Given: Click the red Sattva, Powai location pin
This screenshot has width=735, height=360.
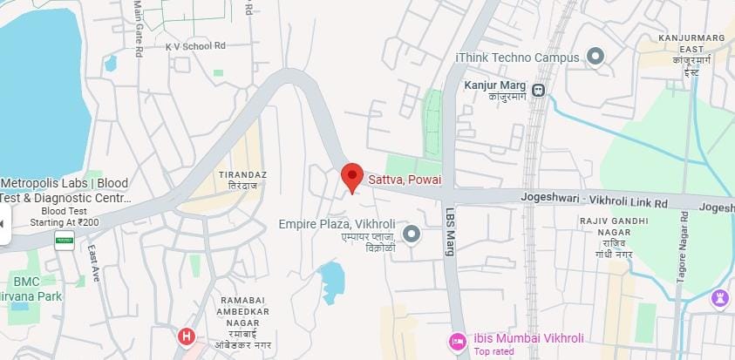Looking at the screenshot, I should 351,176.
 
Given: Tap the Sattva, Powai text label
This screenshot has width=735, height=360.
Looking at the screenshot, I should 403,180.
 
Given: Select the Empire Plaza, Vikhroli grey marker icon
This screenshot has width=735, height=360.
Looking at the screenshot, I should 412,233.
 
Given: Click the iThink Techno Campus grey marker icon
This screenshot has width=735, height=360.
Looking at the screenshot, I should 595,58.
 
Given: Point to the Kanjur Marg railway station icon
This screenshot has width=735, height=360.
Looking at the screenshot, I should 539,88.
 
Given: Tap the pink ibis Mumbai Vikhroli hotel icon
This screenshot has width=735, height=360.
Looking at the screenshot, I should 457,339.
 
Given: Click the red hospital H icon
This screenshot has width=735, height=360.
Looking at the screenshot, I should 186,336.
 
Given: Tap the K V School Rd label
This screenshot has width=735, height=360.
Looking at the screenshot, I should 196,45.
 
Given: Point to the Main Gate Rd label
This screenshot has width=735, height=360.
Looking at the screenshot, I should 138,28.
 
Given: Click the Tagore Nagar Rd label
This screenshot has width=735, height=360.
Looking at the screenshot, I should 681,252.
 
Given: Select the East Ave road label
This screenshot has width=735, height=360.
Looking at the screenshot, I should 93,263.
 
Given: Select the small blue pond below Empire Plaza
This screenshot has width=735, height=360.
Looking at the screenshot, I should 332,281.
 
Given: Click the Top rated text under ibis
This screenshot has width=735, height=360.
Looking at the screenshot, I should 493,352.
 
